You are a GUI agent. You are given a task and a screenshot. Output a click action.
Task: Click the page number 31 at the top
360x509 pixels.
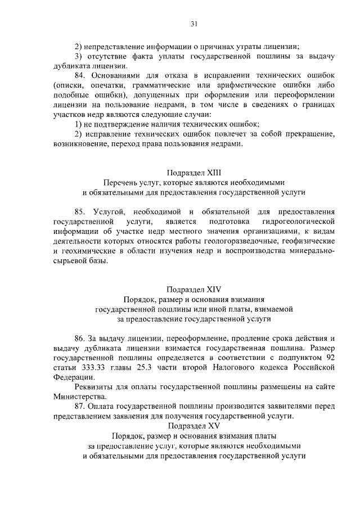pyautogui.click(x=193, y=24)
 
